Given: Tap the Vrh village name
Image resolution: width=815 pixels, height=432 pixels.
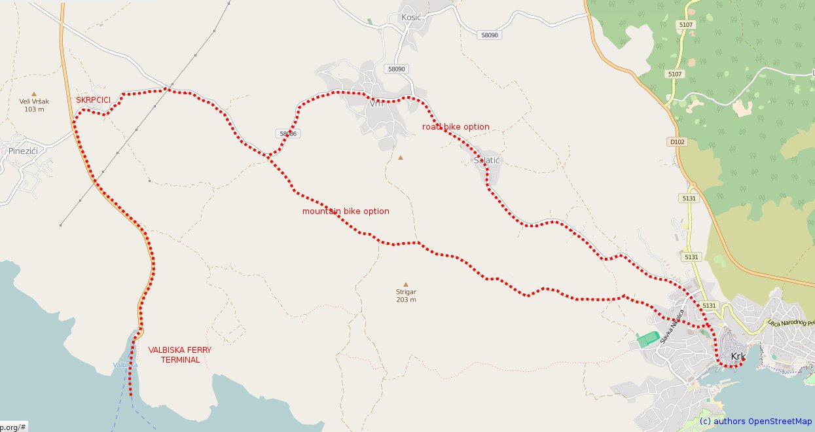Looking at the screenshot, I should point(376,103).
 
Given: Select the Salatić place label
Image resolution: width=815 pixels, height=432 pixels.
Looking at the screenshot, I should point(486,160).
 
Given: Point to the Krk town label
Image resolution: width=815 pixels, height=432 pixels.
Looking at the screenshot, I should point(738,357).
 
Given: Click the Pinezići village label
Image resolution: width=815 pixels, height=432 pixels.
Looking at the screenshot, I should point(23,151).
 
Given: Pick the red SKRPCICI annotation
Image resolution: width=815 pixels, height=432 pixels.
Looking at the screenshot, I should point(93,100).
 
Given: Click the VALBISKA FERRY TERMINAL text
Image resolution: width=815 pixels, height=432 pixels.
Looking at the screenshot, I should point(179,355).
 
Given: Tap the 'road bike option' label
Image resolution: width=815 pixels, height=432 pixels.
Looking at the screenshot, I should point(456,127).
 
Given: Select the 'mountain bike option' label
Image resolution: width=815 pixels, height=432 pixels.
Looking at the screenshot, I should point(346,211).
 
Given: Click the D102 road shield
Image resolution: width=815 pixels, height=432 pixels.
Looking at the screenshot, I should point(676,141).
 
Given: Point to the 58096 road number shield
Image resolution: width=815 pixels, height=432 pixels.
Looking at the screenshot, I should point(288,134).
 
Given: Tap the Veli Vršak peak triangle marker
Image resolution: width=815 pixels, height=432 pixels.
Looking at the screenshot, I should point(35,94).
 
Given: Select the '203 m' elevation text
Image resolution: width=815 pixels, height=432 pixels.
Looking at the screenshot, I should point(406,300).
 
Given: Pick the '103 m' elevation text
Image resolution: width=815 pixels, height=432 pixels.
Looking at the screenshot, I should point(34,109).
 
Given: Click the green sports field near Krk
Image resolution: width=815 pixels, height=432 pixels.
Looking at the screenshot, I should point(647,338).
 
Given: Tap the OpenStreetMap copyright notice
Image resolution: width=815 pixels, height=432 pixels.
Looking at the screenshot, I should point(755,422).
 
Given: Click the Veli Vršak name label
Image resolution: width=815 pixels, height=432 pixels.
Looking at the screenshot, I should point(34,101).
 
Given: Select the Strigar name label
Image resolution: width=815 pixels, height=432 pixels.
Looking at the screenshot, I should point(406,292).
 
